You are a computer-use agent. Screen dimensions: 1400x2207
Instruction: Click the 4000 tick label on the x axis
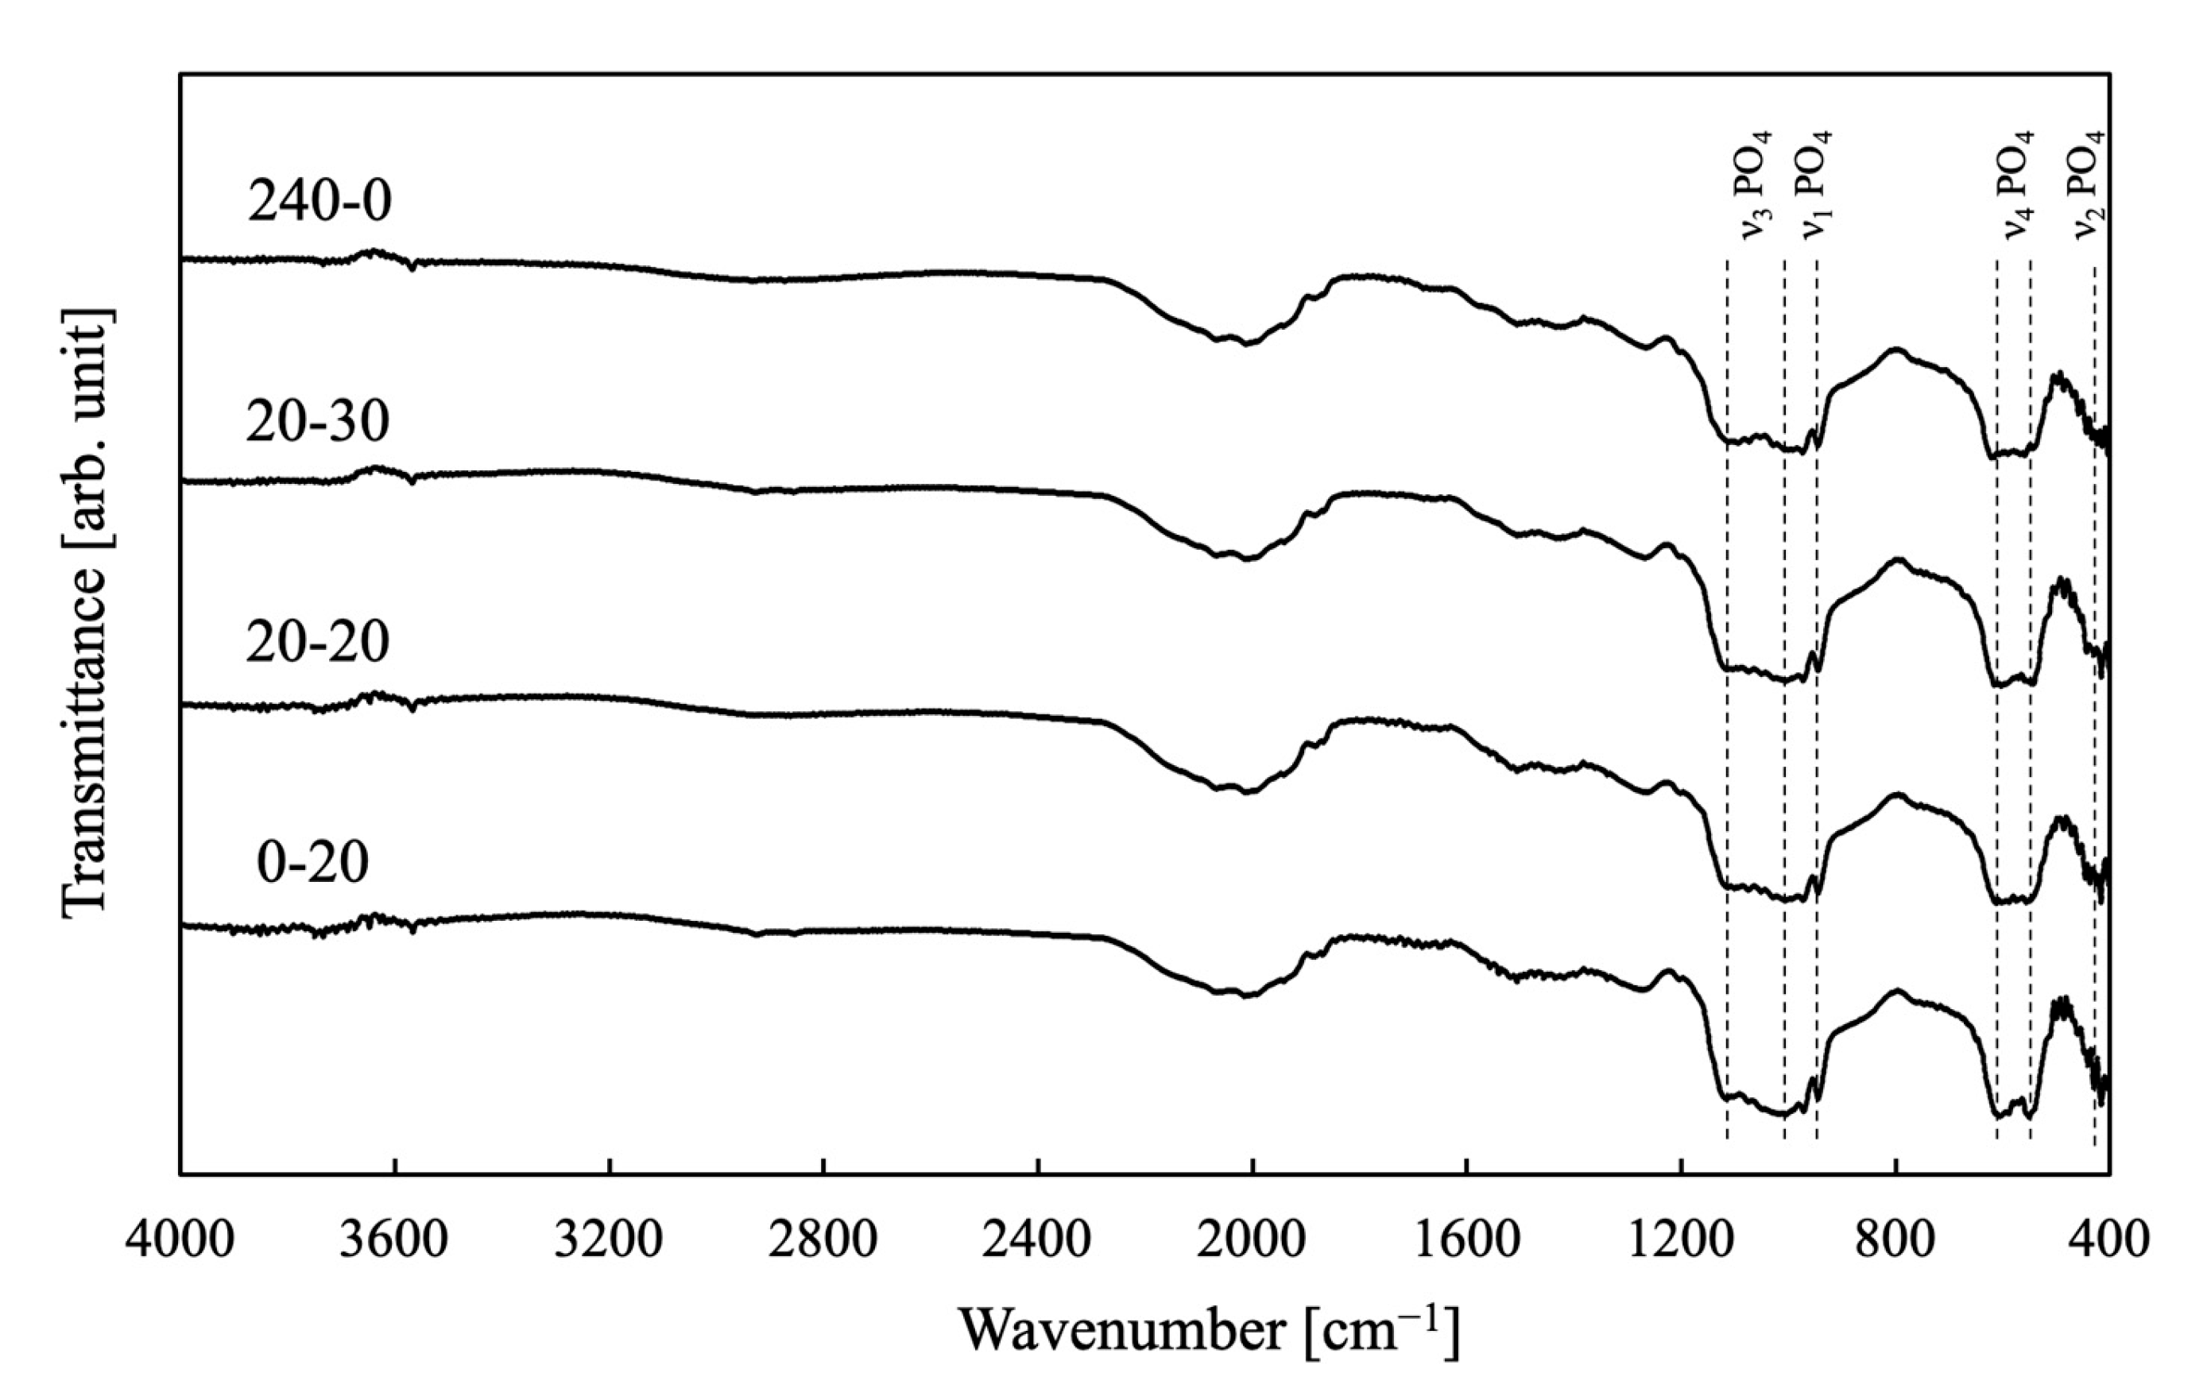pyautogui.click(x=180, y=1240)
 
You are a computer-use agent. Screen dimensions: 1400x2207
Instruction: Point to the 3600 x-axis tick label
pyautogui.click(x=395, y=1240)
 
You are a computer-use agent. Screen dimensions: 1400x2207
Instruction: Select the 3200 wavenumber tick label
pyautogui.click(x=610, y=1240)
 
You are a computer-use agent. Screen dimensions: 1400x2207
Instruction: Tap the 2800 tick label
pyautogui.click(x=824, y=1240)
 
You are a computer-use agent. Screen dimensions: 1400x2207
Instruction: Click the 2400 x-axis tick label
pyautogui.click(x=1039, y=1240)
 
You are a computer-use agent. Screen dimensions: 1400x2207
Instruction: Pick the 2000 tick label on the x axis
pyautogui.click(x=1253, y=1240)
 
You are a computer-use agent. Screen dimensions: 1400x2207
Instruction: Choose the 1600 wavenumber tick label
pyautogui.click(x=1467, y=1240)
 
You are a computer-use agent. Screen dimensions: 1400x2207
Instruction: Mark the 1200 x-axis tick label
pyautogui.click(x=1682, y=1240)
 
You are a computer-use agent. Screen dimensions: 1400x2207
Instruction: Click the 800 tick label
pyautogui.click(x=1896, y=1240)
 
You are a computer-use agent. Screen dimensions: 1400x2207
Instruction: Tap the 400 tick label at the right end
pyautogui.click(x=2108, y=1240)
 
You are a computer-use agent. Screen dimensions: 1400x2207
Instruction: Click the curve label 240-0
pyautogui.click(x=319, y=202)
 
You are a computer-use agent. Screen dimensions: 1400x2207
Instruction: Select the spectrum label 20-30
pyautogui.click(x=317, y=423)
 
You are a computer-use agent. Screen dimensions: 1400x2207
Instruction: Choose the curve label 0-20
pyautogui.click(x=312, y=862)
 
